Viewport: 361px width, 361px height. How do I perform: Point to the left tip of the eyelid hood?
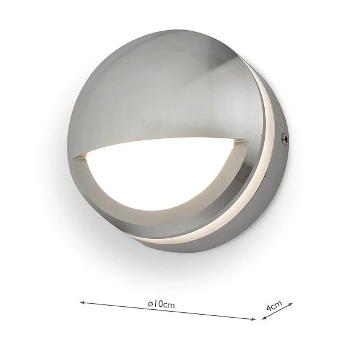click(x=75, y=158)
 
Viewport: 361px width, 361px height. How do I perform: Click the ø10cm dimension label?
click(x=161, y=304)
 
